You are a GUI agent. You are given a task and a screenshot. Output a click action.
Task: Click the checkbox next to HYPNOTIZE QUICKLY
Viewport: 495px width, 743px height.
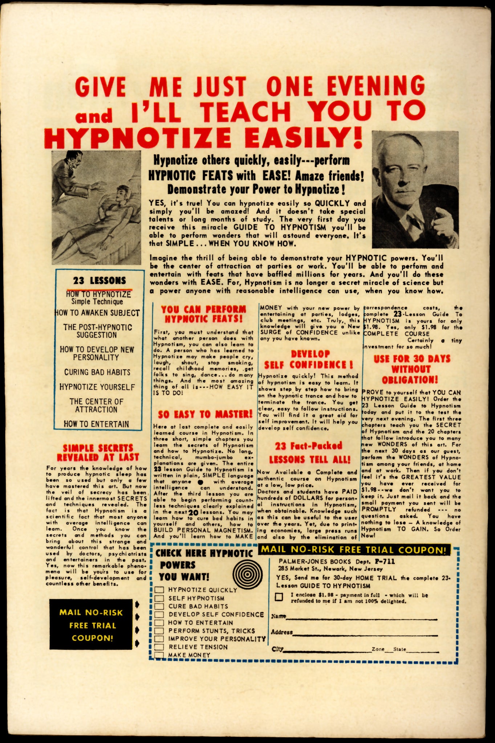click(159, 590)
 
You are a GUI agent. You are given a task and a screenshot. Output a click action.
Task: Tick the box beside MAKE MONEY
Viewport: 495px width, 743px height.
click(159, 655)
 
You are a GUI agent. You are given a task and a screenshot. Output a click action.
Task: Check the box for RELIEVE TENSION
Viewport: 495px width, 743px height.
click(159, 647)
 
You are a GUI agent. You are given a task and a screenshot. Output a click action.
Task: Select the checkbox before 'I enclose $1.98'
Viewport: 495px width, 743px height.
click(279, 597)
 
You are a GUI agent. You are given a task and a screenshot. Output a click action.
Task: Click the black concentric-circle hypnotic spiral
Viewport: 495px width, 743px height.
click(248, 575)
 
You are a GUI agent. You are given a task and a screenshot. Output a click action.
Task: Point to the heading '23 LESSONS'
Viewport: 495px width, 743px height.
click(99, 280)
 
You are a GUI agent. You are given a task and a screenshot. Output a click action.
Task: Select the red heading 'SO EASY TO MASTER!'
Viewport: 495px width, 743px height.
click(205, 414)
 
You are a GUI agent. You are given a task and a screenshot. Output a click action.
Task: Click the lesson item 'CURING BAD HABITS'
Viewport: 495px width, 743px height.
click(97, 372)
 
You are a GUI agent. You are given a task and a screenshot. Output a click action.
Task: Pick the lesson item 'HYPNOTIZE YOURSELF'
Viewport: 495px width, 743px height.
click(97, 387)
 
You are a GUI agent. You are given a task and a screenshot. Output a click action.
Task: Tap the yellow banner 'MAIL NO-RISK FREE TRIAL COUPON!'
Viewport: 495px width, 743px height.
click(354, 550)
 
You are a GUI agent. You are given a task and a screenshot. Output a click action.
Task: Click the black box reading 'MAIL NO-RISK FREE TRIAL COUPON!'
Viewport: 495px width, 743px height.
click(91, 625)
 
